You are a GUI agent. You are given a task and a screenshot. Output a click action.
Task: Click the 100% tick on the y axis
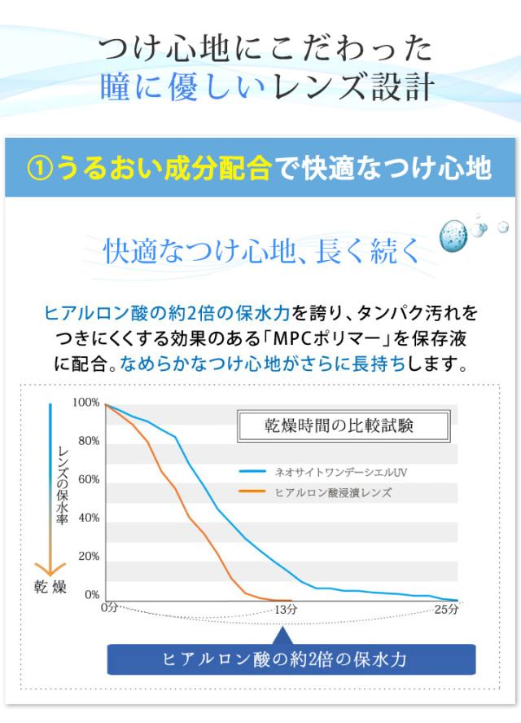pos(86,403)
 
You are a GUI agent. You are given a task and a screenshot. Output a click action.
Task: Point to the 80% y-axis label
pos(88,441)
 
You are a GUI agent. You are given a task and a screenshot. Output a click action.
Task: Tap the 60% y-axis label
pos(88,479)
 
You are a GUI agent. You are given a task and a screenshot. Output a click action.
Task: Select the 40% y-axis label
pos(88,518)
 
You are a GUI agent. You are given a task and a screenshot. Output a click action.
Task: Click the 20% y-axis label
pos(88,556)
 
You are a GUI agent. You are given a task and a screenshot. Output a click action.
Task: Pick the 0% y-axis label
pos(91,595)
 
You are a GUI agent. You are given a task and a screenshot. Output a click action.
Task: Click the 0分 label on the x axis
pos(109,609)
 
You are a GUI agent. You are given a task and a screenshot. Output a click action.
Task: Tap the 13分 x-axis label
pos(286,609)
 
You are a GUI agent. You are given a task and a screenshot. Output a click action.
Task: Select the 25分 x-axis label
pos(446,609)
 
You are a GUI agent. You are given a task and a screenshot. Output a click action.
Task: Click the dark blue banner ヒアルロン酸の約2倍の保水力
pos(291,659)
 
